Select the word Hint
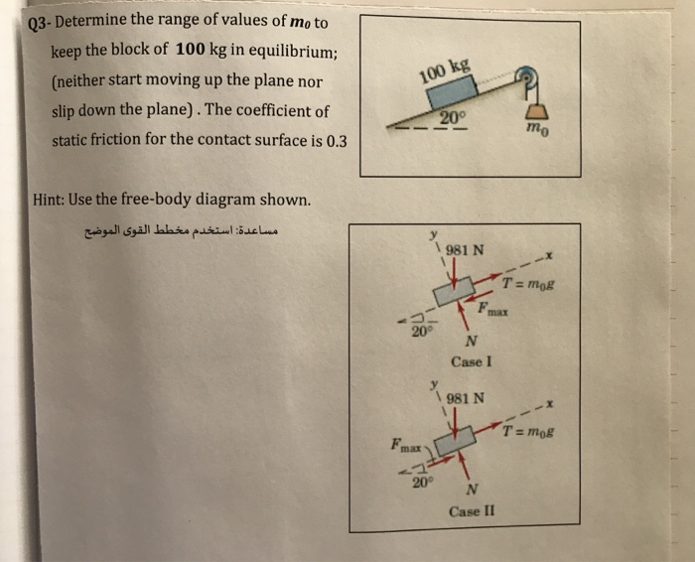[x=50, y=199]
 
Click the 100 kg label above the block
[x=444, y=70]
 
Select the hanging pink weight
[x=541, y=110]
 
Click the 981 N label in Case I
[x=465, y=249]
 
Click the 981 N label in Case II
[x=465, y=400]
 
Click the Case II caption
[x=471, y=511]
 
